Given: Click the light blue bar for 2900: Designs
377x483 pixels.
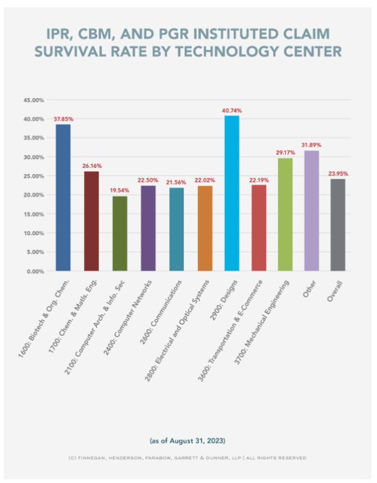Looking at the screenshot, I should tap(232, 193).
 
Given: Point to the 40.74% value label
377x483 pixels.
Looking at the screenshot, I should tap(232, 111).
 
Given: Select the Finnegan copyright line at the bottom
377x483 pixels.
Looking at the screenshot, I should tap(188, 458).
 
